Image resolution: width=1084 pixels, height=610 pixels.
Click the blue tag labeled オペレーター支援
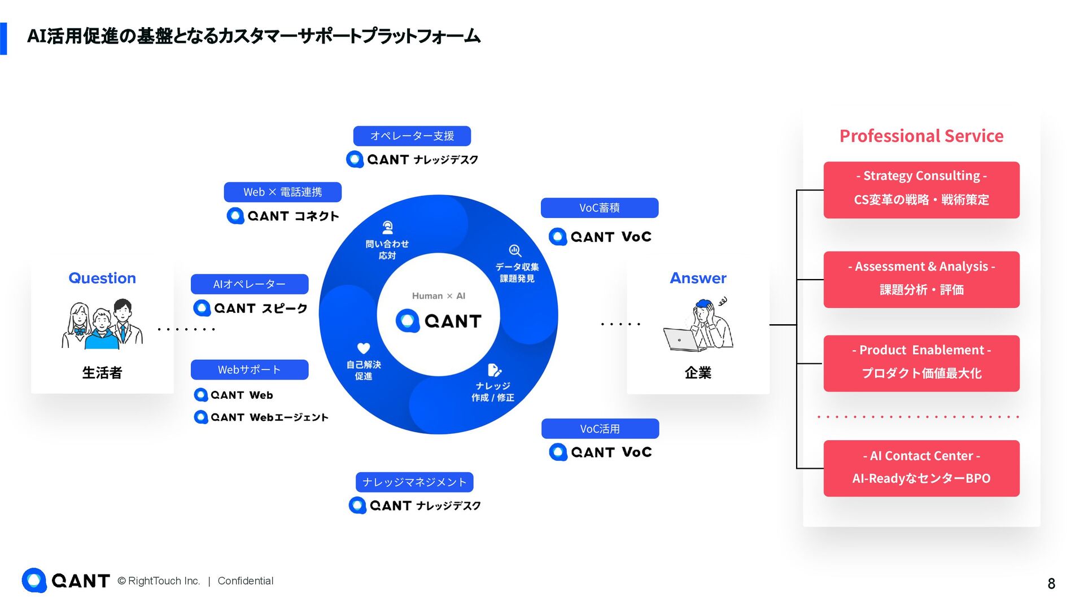[x=412, y=136]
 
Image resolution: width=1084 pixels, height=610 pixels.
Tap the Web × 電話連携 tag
[x=282, y=192]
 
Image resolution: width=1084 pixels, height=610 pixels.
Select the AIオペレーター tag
[x=249, y=284]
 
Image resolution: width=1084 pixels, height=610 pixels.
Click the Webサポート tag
[x=249, y=370]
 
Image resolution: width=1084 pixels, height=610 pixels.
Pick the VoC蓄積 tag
[x=599, y=208]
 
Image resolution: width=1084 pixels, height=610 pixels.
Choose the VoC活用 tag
[x=600, y=429]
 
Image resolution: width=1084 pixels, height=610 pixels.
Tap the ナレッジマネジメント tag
[x=414, y=482]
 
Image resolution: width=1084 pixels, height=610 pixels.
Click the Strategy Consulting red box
[x=921, y=190]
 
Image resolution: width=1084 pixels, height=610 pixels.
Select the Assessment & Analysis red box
[x=921, y=280]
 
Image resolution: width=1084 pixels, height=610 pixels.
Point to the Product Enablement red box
[x=921, y=363]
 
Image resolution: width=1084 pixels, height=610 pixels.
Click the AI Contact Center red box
[x=921, y=468]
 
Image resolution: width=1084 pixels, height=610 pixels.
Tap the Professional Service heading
[x=921, y=136]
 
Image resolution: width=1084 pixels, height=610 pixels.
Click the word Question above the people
[x=102, y=278]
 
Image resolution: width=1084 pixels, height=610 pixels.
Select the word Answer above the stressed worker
[x=698, y=278]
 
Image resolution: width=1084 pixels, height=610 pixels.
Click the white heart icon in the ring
[x=364, y=348]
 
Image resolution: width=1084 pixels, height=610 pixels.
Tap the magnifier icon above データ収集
[x=515, y=250]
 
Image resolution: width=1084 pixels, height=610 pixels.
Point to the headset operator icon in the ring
[x=387, y=228]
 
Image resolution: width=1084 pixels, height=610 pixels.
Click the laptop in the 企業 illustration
[x=680, y=339]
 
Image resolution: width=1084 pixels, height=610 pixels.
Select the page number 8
[x=1051, y=583]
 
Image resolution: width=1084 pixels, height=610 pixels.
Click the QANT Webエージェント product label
[x=261, y=417]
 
